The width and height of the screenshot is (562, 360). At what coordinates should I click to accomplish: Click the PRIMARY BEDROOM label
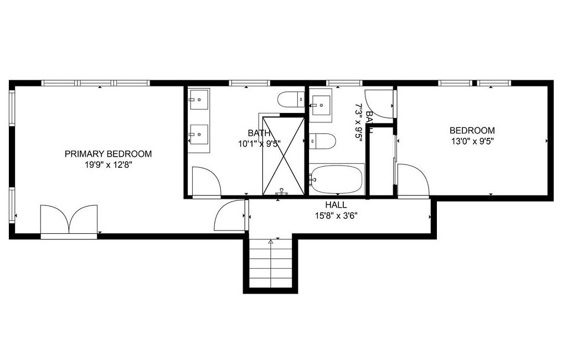(x=108, y=154)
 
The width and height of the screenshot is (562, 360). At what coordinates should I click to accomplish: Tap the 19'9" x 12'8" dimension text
(x=108, y=164)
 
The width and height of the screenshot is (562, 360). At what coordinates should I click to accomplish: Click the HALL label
(x=336, y=205)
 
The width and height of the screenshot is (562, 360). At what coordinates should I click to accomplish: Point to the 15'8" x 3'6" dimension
(x=336, y=215)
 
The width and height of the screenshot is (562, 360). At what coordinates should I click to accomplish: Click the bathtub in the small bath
(x=337, y=179)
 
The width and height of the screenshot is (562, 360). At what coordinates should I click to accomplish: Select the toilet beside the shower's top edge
(x=291, y=100)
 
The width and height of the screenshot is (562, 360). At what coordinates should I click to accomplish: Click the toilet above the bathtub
(x=322, y=141)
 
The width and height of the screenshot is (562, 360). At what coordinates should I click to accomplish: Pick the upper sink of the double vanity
(x=198, y=100)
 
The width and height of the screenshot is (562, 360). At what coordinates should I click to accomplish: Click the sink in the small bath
(x=321, y=105)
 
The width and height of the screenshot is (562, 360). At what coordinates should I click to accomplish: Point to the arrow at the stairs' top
(x=271, y=242)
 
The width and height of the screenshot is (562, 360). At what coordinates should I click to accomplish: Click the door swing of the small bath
(x=380, y=104)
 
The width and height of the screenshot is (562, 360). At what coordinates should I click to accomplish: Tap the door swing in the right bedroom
(x=413, y=180)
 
